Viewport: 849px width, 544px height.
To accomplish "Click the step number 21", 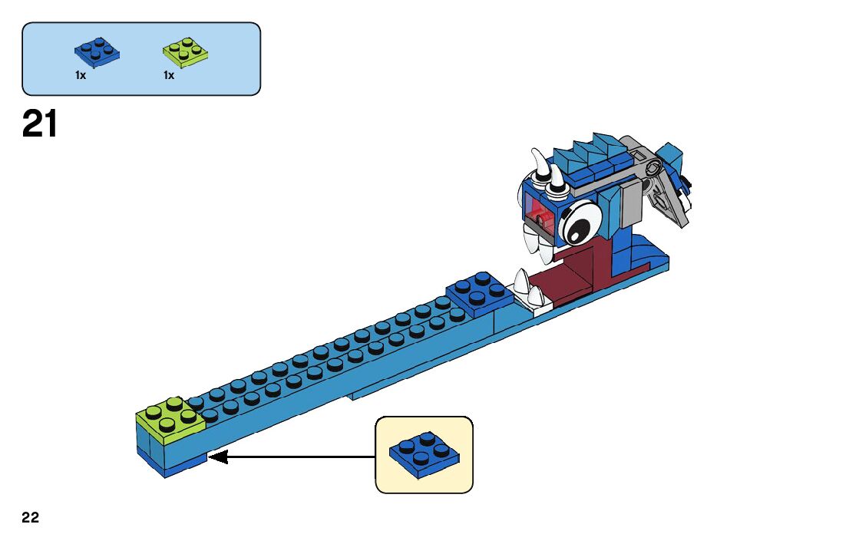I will [40, 124].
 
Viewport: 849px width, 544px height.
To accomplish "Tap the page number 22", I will [30, 518].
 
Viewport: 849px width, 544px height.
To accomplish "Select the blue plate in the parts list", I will [97, 51].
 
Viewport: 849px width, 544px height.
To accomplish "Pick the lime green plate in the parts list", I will [185, 51].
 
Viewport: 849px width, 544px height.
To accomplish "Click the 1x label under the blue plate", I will [81, 75].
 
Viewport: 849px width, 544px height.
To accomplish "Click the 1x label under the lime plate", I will [168, 75].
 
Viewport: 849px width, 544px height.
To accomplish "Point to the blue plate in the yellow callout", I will [424, 454].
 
